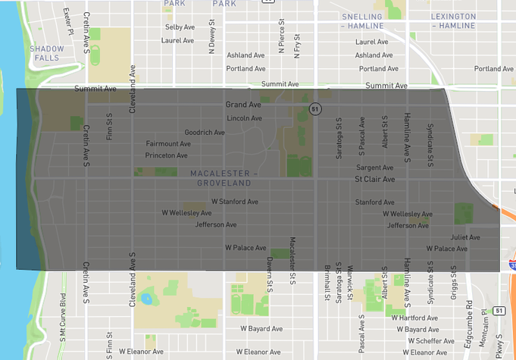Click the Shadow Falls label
(47, 53)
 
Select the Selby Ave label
(180, 27)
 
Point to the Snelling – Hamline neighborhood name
(372, 20)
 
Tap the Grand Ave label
(242, 105)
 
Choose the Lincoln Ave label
(244, 118)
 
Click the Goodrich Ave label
(205, 132)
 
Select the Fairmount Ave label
(168, 143)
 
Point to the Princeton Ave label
(166, 155)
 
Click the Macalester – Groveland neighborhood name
(224, 178)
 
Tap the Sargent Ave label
(375, 167)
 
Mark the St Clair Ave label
(375, 180)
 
